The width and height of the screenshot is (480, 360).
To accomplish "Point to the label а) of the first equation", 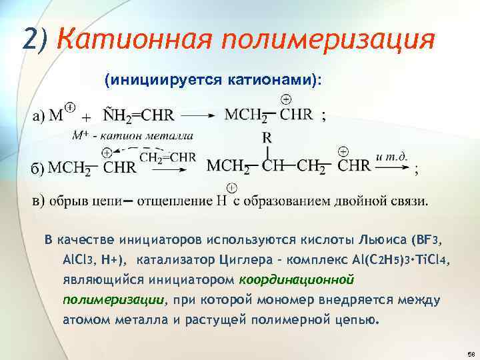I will [39, 116].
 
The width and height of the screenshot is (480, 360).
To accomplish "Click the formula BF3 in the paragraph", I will [427, 239].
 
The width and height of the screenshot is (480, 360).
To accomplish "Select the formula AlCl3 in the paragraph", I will [81, 259].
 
